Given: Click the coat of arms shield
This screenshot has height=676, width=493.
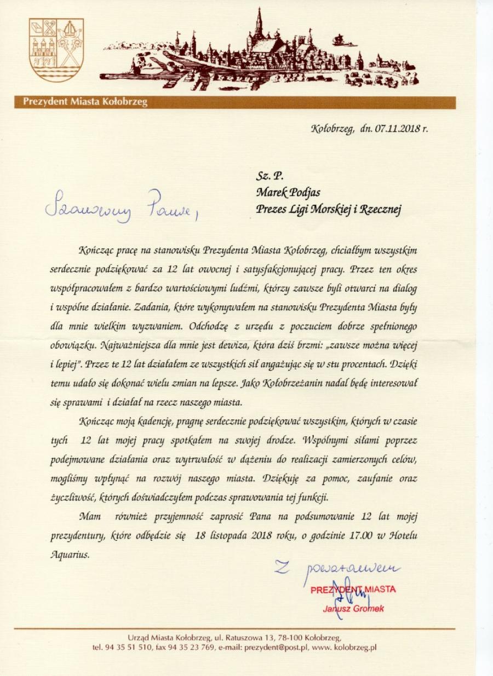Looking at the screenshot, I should [x=56, y=50].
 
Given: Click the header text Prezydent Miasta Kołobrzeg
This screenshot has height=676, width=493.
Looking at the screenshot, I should [x=85, y=102].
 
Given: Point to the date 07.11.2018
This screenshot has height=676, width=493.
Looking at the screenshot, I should [x=394, y=129].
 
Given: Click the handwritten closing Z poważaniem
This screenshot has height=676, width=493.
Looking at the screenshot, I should [x=337, y=567].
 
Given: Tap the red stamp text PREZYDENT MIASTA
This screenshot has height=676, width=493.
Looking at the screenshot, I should [x=353, y=590].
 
